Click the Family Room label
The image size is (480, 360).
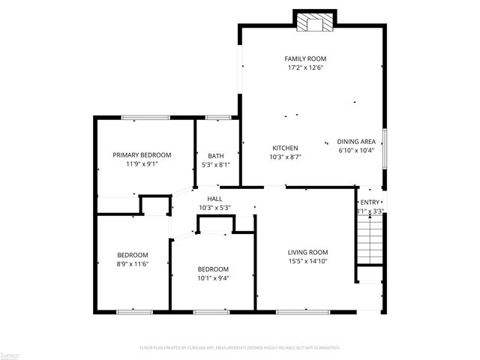tap(304, 58)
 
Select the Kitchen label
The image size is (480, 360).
tap(285, 148)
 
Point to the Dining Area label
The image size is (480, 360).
tap(355, 141)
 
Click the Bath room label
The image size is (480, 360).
tap(216, 155)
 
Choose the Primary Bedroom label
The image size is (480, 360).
tap(142, 155)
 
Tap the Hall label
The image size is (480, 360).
tap(214, 199)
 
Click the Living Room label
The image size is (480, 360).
tap(308, 252)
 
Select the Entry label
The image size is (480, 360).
tap(370, 202)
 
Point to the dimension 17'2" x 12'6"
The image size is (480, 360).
tap(304, 67)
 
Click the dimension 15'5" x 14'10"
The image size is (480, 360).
tap(308, 261)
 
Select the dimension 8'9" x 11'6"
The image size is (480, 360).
tap(132, 264)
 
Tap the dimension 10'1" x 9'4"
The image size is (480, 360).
tap(213, 277)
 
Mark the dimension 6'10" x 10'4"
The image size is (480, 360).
tap(355, 150)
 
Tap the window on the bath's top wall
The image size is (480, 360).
tap(218, 117)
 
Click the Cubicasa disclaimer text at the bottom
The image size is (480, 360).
tap(240, 348)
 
